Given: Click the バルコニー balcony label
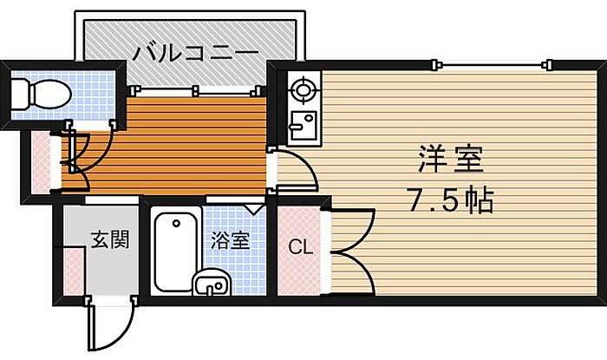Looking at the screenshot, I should pyautogui.click(x=195, y=53).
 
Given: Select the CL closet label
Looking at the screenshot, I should pyautogui.click(x=300, y=247).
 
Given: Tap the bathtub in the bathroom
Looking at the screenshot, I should pyautogui.click(x=174, y=252).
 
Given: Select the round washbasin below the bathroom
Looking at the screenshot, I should pyautogui.click(x=212, y=283).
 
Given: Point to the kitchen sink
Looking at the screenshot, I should pyautogui.click(x=301, y=127).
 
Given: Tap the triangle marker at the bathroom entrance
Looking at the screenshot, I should pyautogui.click(x=253, y=207).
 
